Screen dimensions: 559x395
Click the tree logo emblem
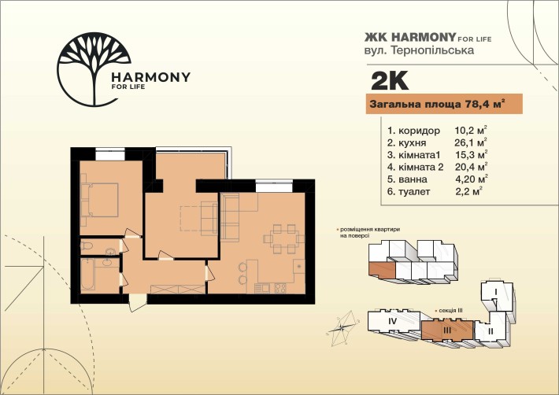(94, 69)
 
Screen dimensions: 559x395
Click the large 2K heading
(390, 81)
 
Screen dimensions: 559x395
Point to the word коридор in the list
(419, 131)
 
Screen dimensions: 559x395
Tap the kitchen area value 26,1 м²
(471, 142)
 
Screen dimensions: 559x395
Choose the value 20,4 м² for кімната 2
(472, 167)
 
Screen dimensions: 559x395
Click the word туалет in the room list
(414, 191)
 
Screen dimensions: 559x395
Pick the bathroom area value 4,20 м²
(472, 179)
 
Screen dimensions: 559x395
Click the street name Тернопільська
(432, 50)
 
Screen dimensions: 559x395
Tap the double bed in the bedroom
(99, 200)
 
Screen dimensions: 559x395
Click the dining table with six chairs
(283, 238)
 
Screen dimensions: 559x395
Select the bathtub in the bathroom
(87, 275)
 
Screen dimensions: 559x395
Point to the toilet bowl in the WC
(87, 245)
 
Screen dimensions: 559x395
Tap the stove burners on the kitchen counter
(280, 288)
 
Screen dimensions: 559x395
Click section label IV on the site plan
(393, 322)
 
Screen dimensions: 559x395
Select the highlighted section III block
(447, 330)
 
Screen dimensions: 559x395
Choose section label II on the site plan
(491, 331)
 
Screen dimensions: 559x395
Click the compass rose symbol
(342, 328)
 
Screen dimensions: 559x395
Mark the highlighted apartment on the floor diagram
(382, 271)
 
